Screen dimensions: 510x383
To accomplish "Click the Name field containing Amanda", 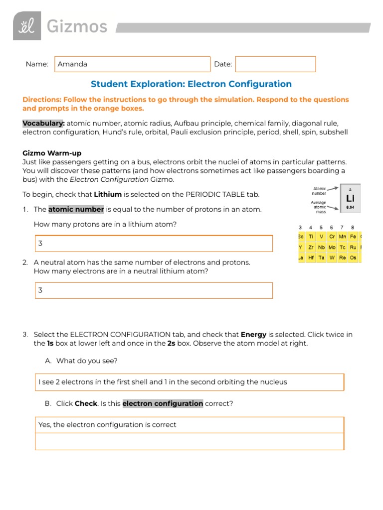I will coord(132,64).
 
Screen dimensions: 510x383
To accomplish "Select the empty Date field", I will coord(275,64).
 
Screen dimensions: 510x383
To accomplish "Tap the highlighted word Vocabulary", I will coord(43,124).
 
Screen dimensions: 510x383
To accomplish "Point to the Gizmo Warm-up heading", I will coord(52,153).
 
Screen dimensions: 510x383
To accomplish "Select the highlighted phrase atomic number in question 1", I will coord(76,209).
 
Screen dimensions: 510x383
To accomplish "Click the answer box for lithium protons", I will coord(154,244).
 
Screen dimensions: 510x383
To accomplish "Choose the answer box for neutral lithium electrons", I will coord(154,290).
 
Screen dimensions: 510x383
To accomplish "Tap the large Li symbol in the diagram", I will coord(350,198).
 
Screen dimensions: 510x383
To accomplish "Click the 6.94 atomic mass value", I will coord(350,207).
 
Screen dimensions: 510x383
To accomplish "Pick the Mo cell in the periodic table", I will coord(332,247).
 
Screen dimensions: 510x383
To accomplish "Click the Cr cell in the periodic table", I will coord(332,236).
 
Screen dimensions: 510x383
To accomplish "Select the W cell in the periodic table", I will coord(332,257).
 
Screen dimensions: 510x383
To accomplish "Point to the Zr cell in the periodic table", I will coord(311,247).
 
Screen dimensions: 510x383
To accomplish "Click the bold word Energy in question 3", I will coord(253,335).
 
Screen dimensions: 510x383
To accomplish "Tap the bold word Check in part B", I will coord(86,403).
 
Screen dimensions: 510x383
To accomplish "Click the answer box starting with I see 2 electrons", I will coord(190,382).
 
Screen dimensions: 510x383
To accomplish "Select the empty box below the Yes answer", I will coord(190,441).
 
